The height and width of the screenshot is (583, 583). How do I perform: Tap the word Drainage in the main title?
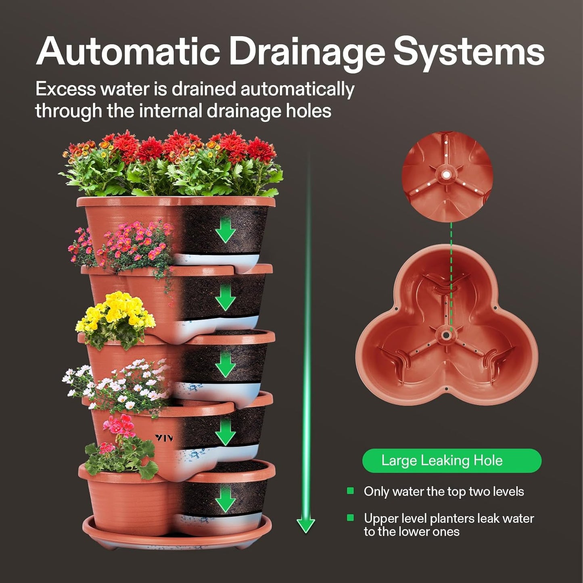(x=307, y=52)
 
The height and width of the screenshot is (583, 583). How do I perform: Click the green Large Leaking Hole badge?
(x=451, y=460)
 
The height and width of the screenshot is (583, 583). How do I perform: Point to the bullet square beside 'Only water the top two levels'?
(x=350, y=491)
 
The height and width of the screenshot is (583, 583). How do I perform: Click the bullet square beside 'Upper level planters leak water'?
(x=350, y=518)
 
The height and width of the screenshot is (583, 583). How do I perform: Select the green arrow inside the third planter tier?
(x=225, y=365)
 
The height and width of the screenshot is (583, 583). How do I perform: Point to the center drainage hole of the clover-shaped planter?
(x=446, y=335)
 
